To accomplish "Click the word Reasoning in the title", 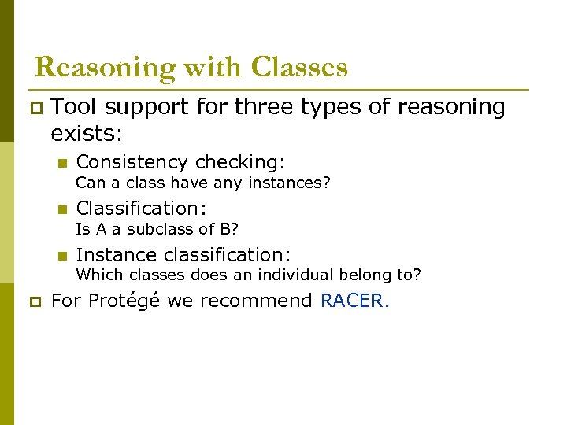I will pos(106,68).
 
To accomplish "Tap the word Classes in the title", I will pos(299,68).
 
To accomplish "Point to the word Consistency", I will pos(132,162).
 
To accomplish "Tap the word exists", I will pos(86,133).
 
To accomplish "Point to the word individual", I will pos(301,275).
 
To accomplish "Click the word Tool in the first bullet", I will pos(74,106).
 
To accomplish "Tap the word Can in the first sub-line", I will pos(89,183).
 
